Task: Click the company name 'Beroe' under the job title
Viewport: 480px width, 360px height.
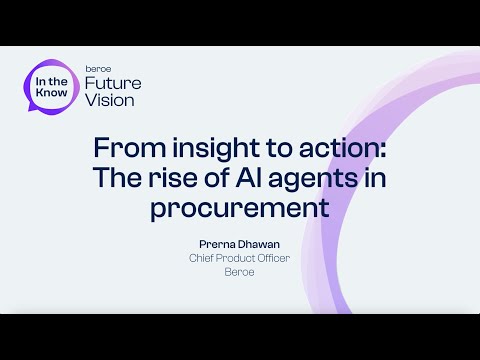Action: pos(240,271)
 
